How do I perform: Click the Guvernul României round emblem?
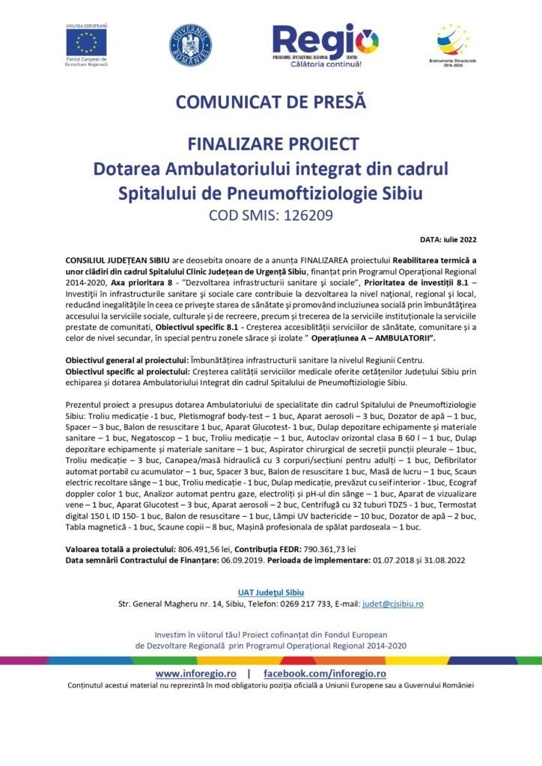(x=190, y=44)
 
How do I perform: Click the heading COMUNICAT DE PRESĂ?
(x=270, y=102)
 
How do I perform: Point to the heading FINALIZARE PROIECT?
(x=270, y=144)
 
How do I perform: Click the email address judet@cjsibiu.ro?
(x=393, y=603)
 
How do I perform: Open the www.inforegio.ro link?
(x=197, y=674)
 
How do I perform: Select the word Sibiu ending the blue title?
(x=401, y=193)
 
